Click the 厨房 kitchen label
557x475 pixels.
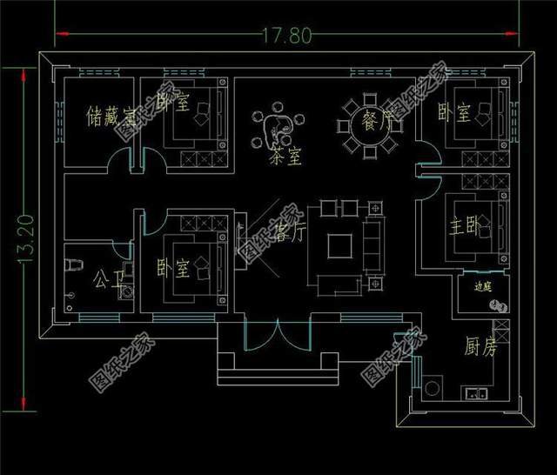click(478, 349)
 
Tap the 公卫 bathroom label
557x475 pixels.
click(104, 280)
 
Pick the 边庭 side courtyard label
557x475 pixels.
click(483, 285)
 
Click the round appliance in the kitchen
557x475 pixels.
click(433, 385)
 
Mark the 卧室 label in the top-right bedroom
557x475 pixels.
click(453, 113)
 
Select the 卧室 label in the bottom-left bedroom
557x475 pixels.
click(174, 267)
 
